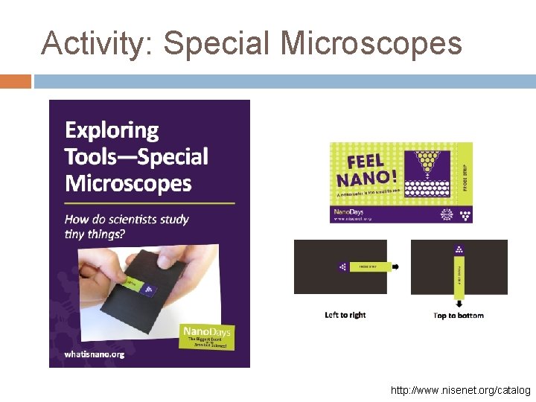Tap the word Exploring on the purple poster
112,131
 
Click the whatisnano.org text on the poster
95,354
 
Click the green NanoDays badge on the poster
208,336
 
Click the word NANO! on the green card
366,179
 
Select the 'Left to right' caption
345,315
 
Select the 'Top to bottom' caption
459,316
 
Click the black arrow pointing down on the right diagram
459,303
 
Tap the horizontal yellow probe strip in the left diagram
369,267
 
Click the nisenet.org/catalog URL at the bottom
461,390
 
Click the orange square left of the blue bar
16,81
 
